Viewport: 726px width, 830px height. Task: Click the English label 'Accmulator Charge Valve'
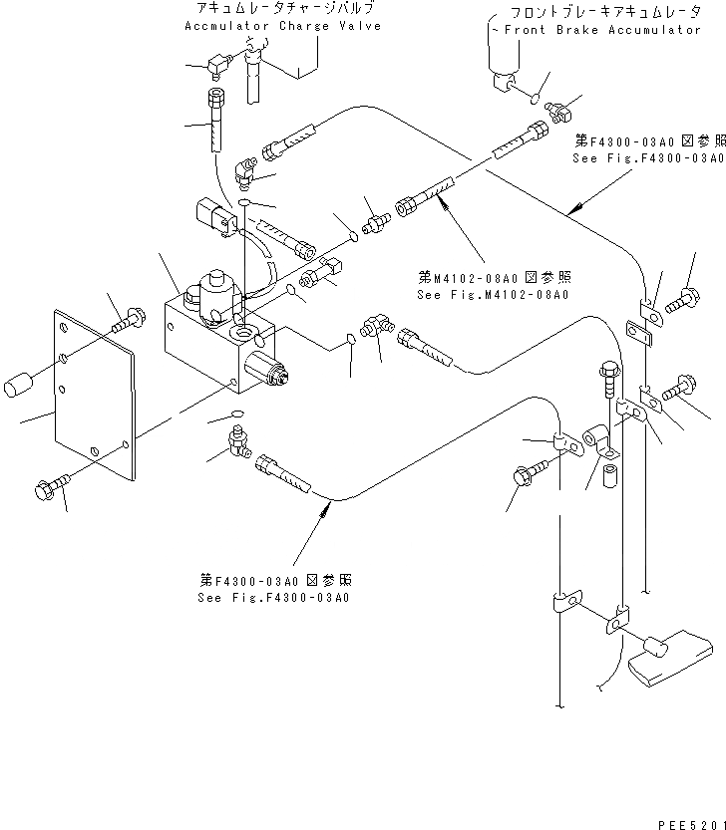pyautogui.click(x=282, y=26)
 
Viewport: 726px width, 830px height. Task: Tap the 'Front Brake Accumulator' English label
pyautogui.click(x=602, y=30)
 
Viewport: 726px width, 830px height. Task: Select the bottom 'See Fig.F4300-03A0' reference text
pyautogui.click(x=274, y=598)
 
